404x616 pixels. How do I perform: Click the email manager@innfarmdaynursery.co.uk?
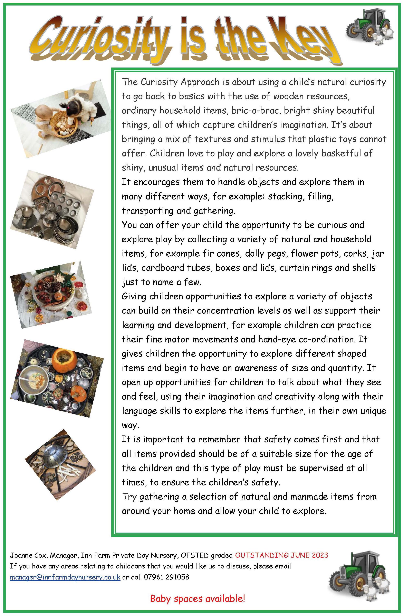tap(65, 577)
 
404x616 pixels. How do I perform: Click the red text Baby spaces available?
tap(198, 599)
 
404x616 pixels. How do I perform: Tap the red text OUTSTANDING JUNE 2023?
tap(281, 555)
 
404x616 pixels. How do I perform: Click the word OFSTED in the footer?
tap(195, 555)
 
